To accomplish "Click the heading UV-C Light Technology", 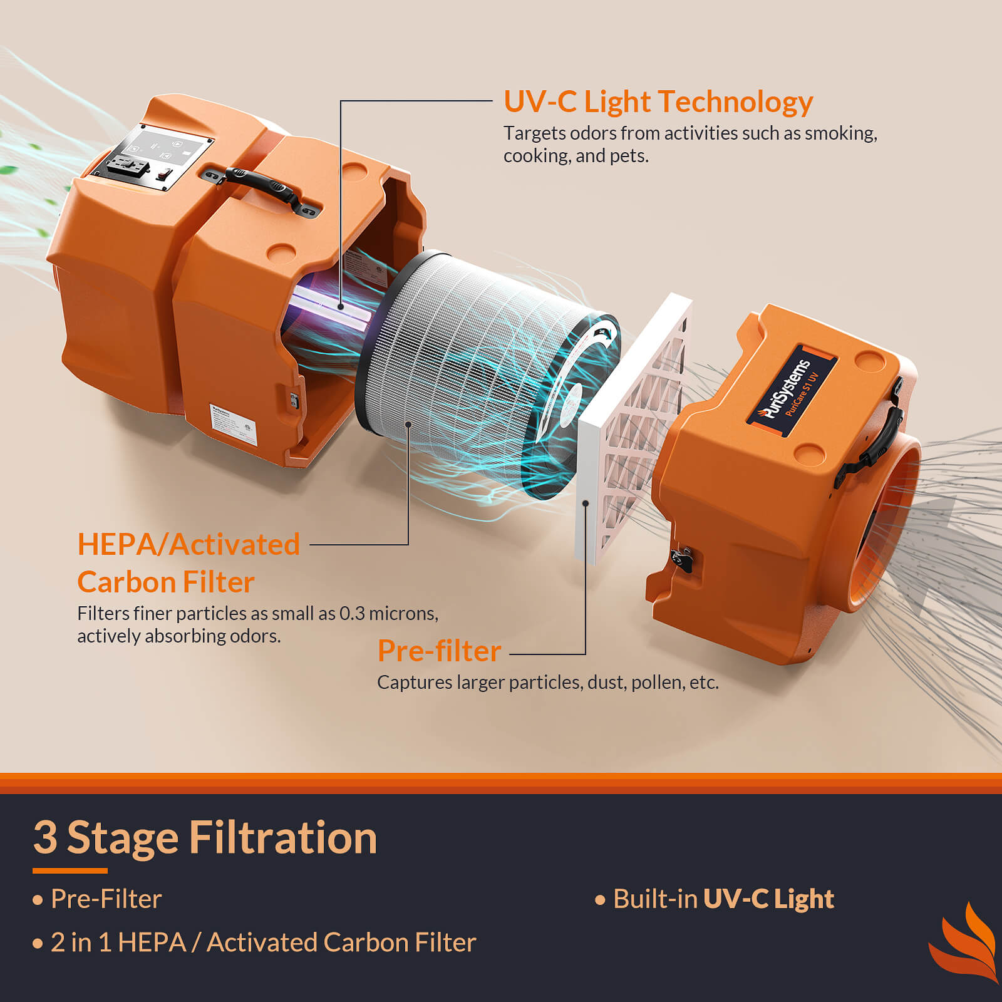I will [x=658, y=102].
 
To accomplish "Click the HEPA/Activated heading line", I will [x=188, y=544].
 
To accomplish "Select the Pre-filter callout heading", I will [x=439, y=651].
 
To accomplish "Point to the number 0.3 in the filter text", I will [x=351, y=614].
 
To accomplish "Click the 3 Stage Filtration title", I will [x=205, y=838].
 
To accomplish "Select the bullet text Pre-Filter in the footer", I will [x=106, y=899].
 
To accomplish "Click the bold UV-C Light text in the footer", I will [x=768, y=899].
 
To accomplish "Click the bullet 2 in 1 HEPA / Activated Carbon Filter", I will [x=263, y=943].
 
